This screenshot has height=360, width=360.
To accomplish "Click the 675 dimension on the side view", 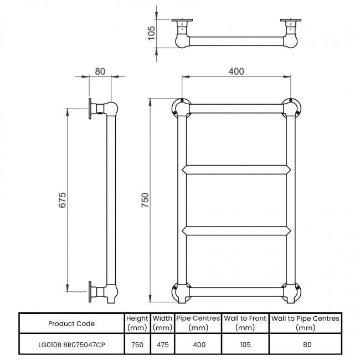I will (x=62, y=200).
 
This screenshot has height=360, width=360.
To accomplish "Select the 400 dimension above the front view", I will (x=236, y=71).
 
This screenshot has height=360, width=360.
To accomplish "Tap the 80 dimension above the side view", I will (x=100, y=71).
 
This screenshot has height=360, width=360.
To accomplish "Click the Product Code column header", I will (x=71, y=323).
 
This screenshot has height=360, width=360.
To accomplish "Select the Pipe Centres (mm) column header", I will (x=199, y=323).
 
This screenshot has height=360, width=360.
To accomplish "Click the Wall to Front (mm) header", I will (x=245, y=323).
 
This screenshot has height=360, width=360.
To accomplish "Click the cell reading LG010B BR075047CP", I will (x=71, y=344).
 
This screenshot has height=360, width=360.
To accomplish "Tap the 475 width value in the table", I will (x=162, y=344).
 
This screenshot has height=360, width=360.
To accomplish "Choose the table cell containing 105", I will (x=245, y=344).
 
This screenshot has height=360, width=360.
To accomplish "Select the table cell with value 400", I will (x=199, y=344).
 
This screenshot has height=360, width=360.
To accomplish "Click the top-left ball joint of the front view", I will (x=181, y=108).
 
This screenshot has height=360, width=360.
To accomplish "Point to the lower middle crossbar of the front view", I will (x=236, y=231).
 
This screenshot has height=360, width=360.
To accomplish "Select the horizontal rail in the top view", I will (x=236, y=41).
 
